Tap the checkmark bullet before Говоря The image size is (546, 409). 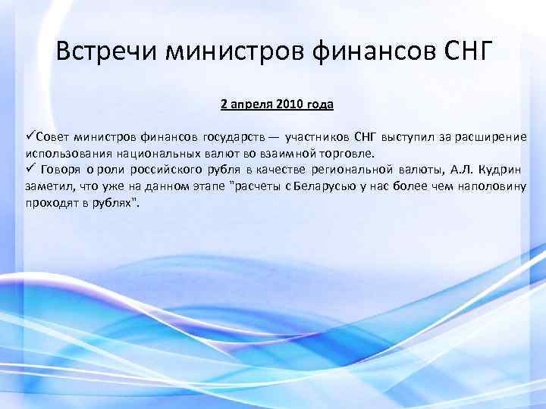click(x=30, y=167)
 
